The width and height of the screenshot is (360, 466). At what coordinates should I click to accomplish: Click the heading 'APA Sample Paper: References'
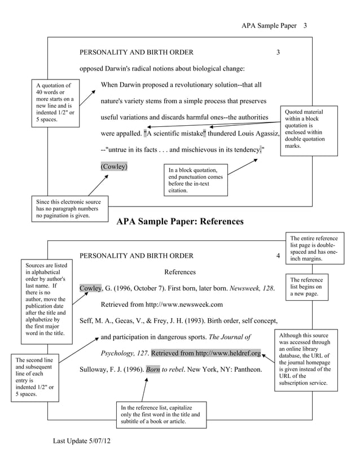[179, 221]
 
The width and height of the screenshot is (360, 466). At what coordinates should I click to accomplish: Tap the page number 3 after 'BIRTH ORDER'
[278, 52]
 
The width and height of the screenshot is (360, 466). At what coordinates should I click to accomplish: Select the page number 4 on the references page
[278, 256]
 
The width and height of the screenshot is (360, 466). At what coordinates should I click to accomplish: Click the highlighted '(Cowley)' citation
[114, 167]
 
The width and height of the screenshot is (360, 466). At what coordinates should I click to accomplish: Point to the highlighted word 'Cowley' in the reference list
[90, 288]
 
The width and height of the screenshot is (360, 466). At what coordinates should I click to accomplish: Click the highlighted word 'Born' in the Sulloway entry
[153, 370]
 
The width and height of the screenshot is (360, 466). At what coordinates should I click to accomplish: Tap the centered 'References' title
[180, 272]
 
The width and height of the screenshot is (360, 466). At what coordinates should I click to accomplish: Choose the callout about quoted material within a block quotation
[308, 129]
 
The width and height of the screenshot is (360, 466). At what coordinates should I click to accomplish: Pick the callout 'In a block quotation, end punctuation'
[195, 180]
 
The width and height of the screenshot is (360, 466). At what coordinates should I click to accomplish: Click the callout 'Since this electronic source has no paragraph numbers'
[68, 209]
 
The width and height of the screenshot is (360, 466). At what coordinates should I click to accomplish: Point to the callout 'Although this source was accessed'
[305, 361]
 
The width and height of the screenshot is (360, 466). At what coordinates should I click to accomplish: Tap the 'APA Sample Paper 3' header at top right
[273, 25]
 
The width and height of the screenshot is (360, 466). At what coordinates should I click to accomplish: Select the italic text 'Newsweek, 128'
[252, 288]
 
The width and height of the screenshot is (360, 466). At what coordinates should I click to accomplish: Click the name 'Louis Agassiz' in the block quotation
[254, 134]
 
